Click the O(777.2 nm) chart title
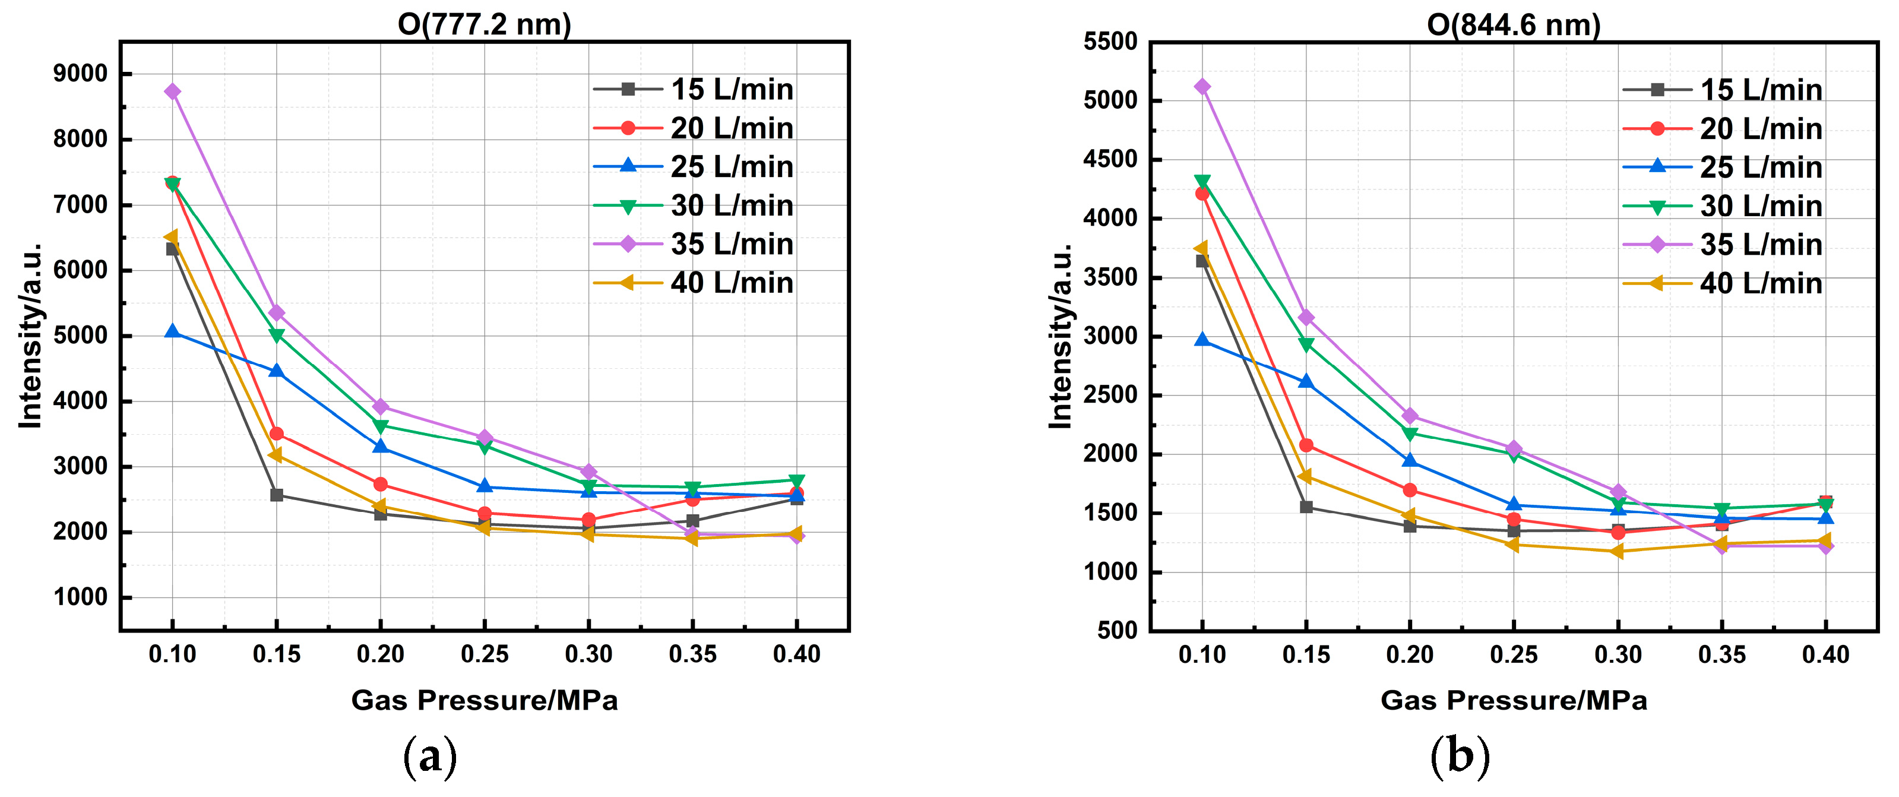[485, 24]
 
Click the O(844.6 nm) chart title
[1514, 24]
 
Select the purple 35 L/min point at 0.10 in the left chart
[173, 91]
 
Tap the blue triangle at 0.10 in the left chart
[173, 332]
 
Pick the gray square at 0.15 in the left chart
[277, 495]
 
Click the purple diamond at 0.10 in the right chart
[1202, 87]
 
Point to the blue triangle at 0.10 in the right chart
[1202, 340]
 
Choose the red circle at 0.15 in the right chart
[1306, 445]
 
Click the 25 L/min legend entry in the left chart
[693, 167]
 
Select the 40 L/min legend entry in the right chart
[1722, 283]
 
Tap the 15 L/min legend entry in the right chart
[1722, 90]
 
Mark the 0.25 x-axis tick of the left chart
[485, 654]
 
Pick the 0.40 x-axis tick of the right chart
[1825, 654]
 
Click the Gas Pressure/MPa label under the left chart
[485, 700]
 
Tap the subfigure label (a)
[430, 757]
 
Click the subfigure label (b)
[1460, 757]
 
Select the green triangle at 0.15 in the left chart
[277, 336]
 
